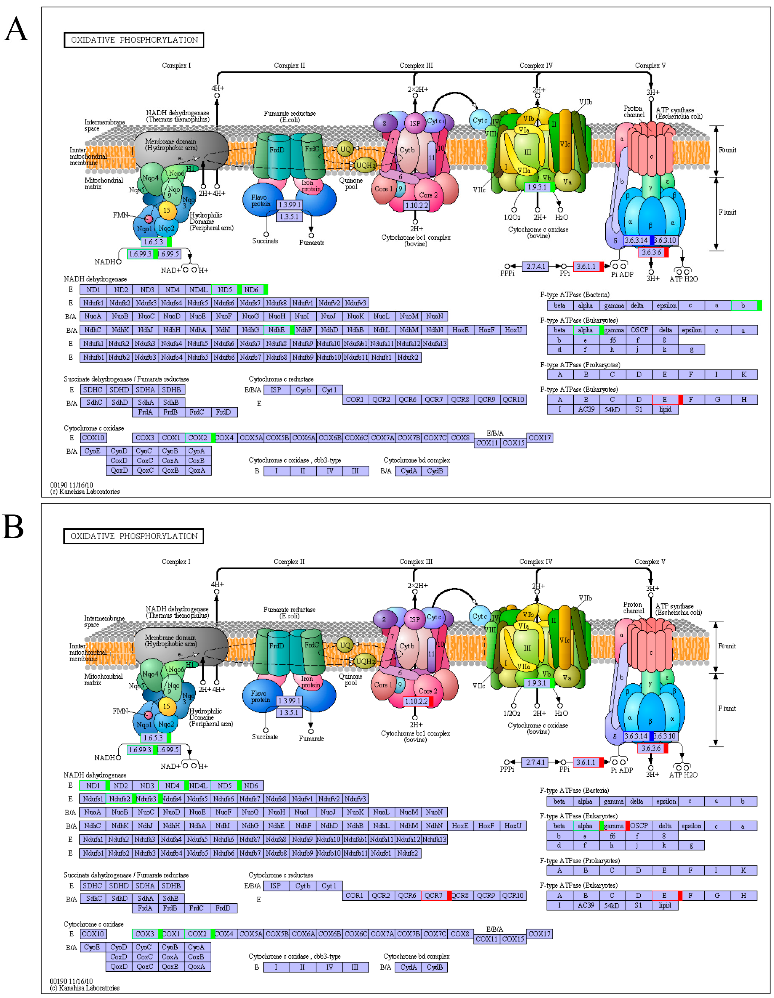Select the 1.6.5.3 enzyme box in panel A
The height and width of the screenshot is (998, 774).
(154, 242)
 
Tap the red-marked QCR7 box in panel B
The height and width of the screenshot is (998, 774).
(434, 896)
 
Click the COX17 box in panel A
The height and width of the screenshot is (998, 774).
(540, 438)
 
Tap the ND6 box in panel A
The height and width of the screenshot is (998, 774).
(251, 290)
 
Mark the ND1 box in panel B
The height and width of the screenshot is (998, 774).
(93, 786)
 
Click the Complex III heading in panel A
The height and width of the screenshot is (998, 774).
(416, 65)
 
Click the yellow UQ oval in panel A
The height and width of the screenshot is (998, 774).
(345, 149)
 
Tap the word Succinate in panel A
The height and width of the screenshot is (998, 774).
(265, 241)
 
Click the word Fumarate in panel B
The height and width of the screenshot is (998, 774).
(311, 739)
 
